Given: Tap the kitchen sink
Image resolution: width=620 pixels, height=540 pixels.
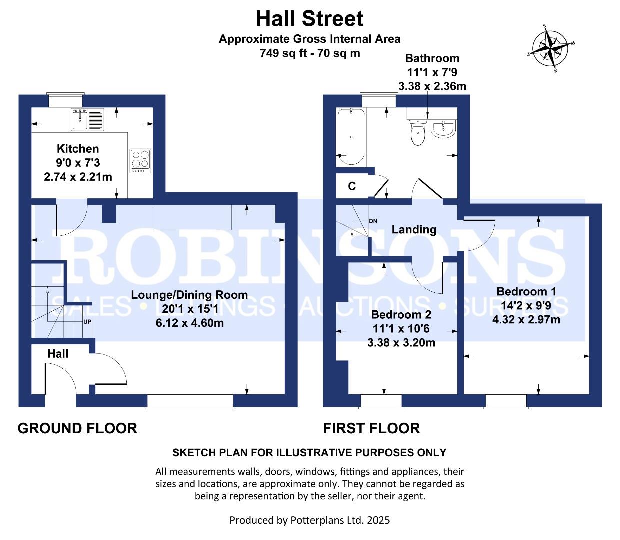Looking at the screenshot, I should [88, 119].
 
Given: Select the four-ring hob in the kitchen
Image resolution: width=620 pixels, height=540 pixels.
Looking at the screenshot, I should [140, 160].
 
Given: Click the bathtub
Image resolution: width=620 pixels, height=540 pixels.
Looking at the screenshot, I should [350, 137].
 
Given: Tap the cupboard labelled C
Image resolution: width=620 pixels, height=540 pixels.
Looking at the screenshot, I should [352, 186].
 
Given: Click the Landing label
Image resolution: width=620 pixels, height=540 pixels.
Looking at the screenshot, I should [414, 229].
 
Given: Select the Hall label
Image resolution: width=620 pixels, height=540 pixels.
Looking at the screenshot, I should [58, 354].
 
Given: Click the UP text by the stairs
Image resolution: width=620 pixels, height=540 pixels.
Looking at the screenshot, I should [87, 322].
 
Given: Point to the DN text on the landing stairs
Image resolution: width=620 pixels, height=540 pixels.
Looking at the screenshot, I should [373, 221].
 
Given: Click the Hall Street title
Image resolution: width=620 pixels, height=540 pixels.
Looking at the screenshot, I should [309, 19].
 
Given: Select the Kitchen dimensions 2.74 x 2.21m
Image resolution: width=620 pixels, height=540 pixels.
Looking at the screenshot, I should [78, 177].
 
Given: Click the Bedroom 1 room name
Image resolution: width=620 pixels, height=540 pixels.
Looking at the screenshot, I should [526, 291].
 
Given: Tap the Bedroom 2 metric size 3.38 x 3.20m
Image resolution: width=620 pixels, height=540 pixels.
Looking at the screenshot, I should [401, 343].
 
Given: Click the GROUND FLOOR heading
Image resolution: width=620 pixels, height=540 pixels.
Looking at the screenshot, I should [77, 428].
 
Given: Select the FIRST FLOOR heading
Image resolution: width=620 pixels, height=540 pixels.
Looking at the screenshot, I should [371, 428].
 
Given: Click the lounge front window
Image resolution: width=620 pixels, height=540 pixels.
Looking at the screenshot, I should [190, 401].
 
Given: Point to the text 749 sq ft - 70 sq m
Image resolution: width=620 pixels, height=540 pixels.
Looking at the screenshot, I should [309, 53].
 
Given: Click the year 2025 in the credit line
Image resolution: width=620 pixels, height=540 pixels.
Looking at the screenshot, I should [378, 520].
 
